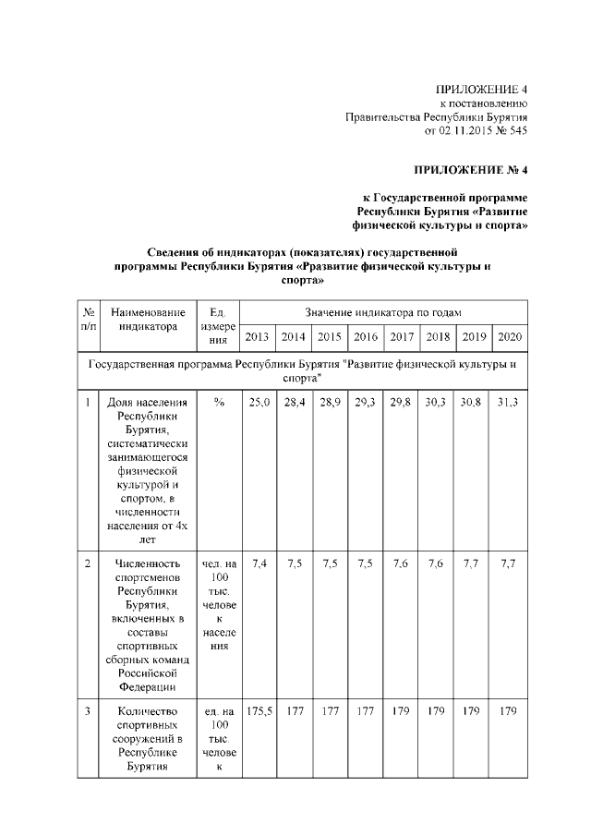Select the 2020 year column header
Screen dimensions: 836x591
pos(510,336)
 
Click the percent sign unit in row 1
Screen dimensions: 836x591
pos(219,403)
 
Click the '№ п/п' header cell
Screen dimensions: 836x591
pos(89,320)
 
